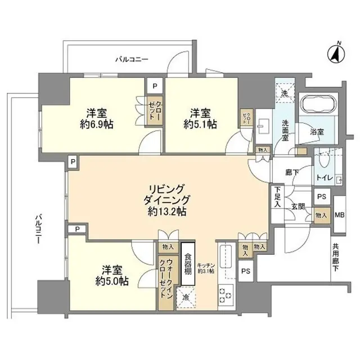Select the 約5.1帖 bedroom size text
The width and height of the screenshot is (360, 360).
click(200, 125)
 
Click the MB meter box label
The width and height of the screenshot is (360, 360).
click(340, 214)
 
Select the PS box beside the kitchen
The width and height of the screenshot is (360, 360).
click(245, 271)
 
